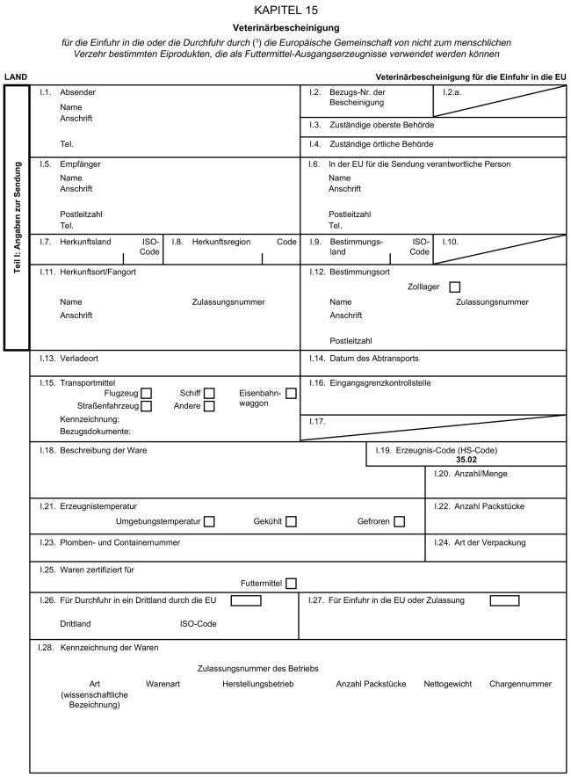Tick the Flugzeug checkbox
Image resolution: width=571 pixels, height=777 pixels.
pos(147,393)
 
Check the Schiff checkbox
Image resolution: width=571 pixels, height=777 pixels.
pos(209,393)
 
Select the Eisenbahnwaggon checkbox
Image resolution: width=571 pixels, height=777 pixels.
pos(292,393)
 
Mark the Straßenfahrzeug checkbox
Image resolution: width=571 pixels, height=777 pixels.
pos(147,406)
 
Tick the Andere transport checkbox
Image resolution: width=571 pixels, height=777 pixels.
pos(209,406)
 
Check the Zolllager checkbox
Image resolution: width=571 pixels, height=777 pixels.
pos(454,287)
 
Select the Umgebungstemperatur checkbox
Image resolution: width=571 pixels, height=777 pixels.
pos(210,522)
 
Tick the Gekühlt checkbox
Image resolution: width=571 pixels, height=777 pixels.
pos(291,522)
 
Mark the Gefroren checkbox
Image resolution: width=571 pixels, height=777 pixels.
pos(400,522)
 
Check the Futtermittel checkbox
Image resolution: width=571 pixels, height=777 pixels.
pos(291,583)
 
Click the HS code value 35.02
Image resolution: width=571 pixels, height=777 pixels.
pos(466,460)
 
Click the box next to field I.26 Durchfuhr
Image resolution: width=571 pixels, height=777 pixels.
pos(246,601)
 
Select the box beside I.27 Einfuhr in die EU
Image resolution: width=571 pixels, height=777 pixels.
pos(504,601)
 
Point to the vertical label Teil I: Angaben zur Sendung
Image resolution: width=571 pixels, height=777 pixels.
pos(18,219)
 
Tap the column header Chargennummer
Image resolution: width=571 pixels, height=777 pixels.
pos(521,683)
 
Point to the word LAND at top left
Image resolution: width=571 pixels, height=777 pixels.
pos(15,77)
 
